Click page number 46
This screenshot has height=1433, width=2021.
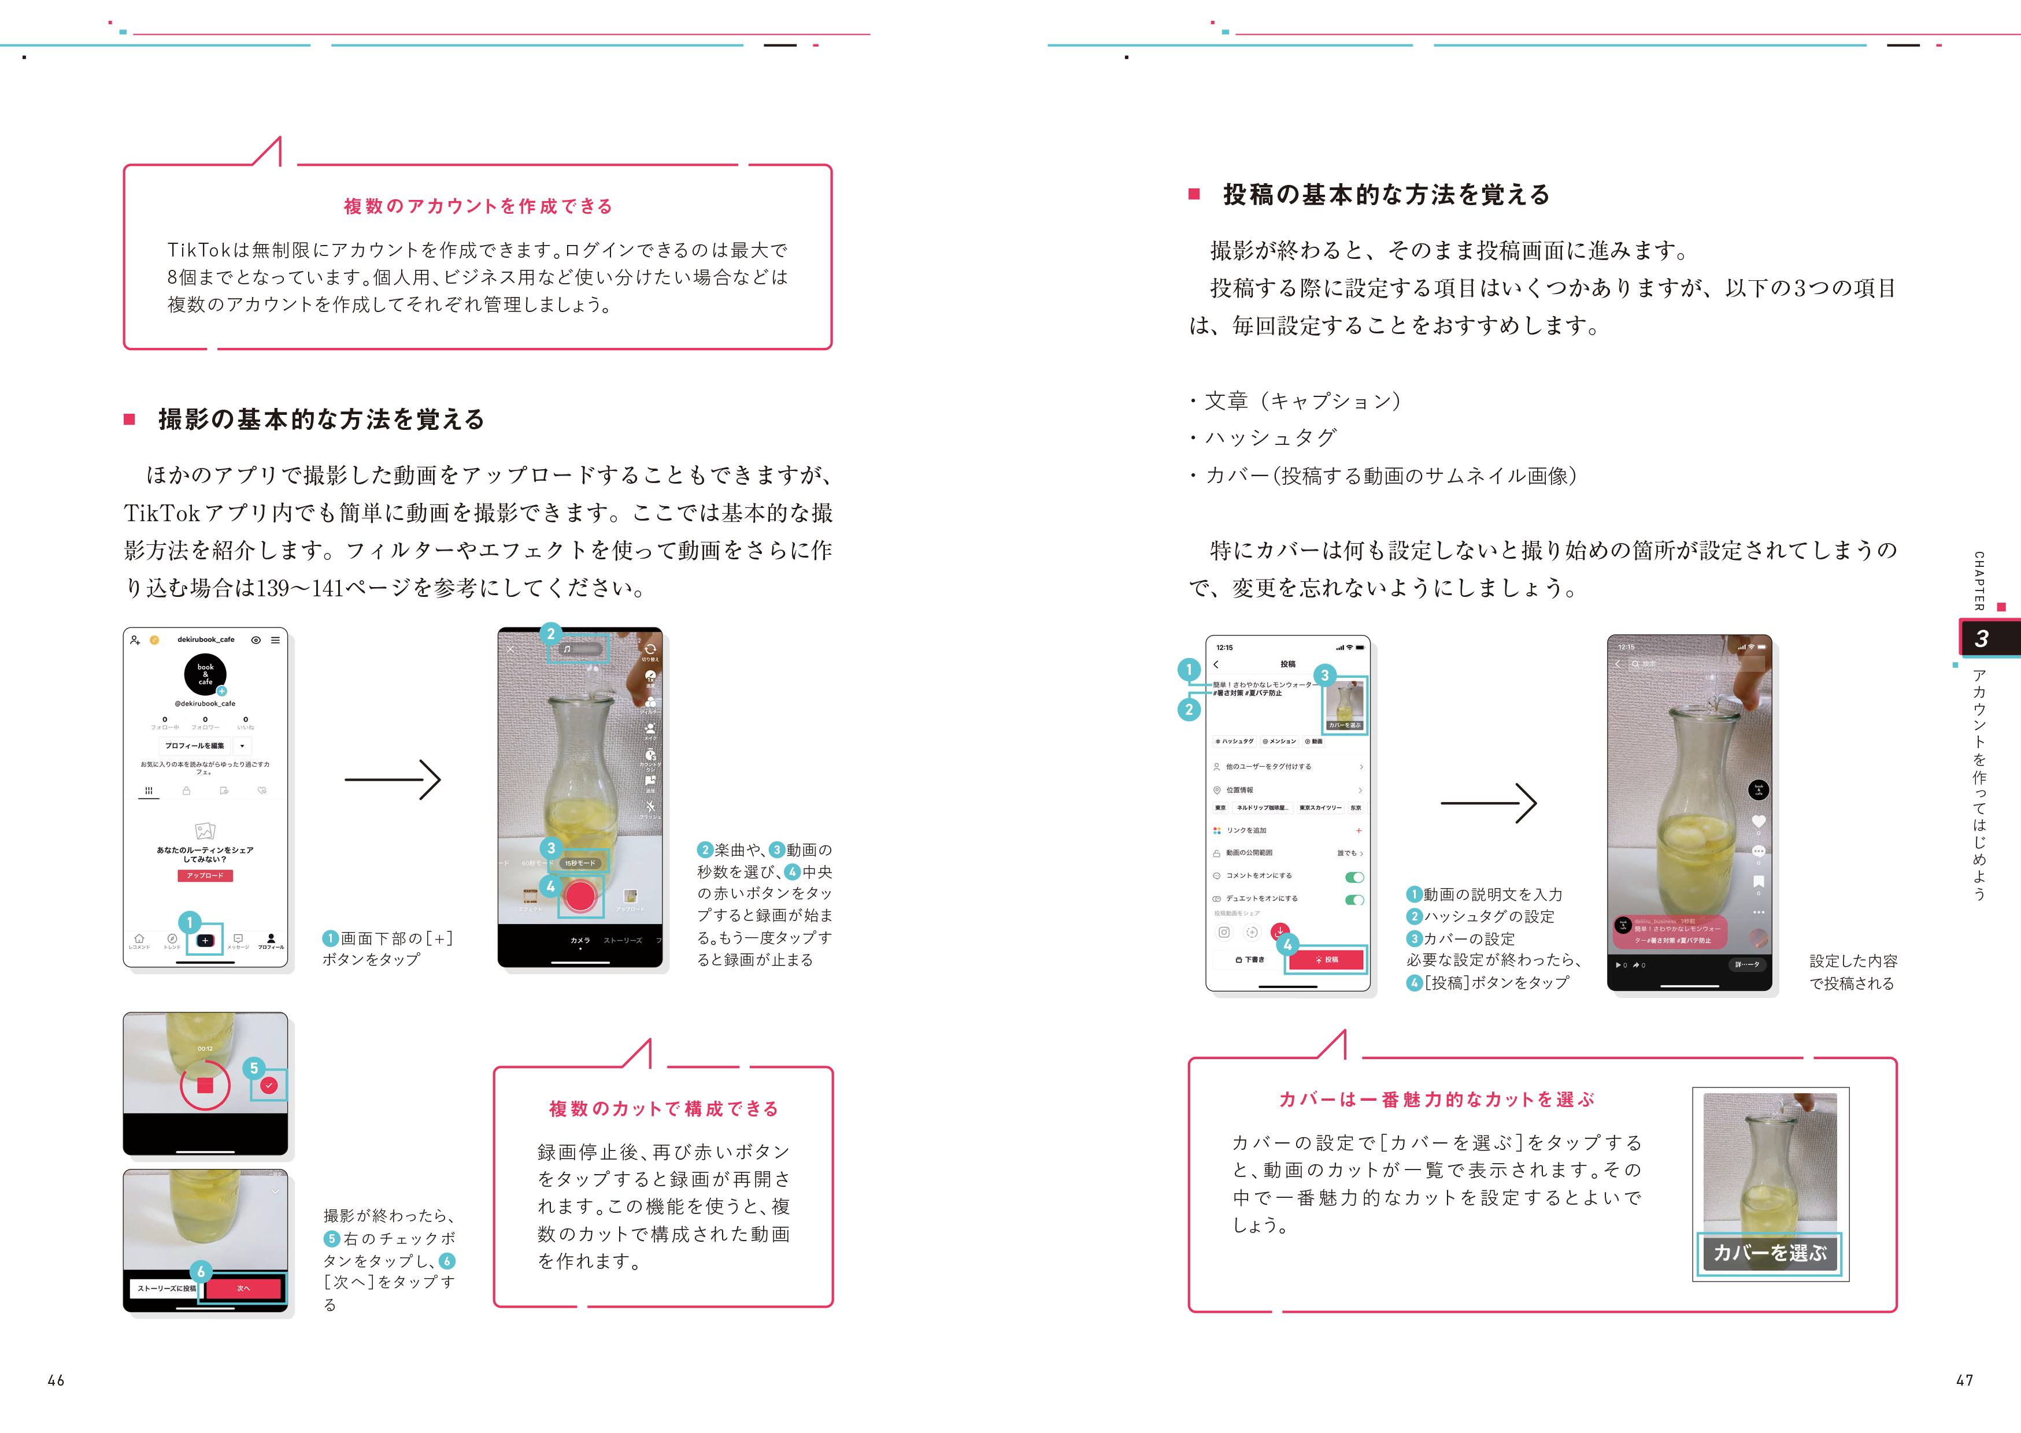pos(55,1380)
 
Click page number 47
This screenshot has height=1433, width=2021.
pos(1964,1380)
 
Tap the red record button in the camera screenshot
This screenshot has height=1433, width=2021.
pos(580,897)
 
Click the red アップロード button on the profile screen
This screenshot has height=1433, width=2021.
pos(205,875)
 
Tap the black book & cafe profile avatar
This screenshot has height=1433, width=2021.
pos(205,674)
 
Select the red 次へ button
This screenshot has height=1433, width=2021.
pos(243,1289)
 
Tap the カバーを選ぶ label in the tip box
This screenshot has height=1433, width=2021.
pos(1770,1252)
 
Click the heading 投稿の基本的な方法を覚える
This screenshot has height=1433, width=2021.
pos(1386,194)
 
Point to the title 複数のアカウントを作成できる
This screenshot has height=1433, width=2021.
pos(478,206)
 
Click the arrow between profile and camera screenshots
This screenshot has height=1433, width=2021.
pos(392,780)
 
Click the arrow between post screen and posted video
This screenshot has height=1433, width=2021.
pos(1488,803)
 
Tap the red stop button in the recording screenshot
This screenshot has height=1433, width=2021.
pos(205,1085)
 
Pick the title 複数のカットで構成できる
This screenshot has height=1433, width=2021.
pos(664,1109)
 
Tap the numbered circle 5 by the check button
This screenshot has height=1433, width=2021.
pos(254,1068)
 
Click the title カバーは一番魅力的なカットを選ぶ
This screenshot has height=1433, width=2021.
pos(1437,1100)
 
